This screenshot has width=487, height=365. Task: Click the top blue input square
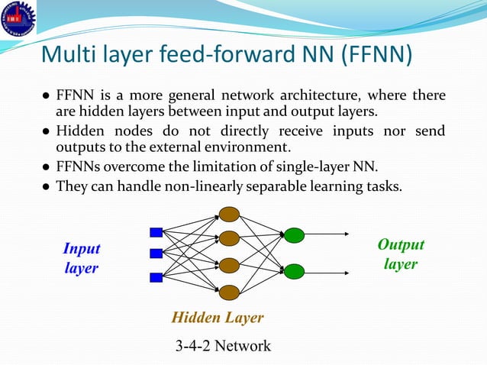pyautogui.click(x=156, y=233)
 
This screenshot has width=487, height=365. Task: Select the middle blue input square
pyautogui.click(x=156, y=254)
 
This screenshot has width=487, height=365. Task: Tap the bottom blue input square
pyautogui.click(x=156, y=278)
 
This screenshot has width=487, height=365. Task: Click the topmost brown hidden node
pyautogui.click(x=229, y=215)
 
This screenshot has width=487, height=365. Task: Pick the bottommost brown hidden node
pyautogui.click(x=229, y=292)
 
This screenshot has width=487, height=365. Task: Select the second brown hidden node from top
pyautogui.click(x=229, y=240)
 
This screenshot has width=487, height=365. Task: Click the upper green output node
pyautogui.click(x=294, y=235)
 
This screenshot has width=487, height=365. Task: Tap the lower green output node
pyautogui.click(x=294, y=270)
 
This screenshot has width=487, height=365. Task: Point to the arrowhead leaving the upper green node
pyautogui.click(x=347, y=235)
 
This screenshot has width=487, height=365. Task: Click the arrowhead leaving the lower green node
pyautogui.click(x=347, y=270)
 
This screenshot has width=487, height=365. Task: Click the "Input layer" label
pyautogui.click(x=81, y=259)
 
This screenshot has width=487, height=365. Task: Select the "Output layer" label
pyautogui.click(x=401, y=254)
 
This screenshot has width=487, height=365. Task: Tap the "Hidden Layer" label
pyautogui.click(x=218, y=318)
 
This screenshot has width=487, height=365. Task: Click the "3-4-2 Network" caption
pyautogui.click(x=223, y=346)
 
